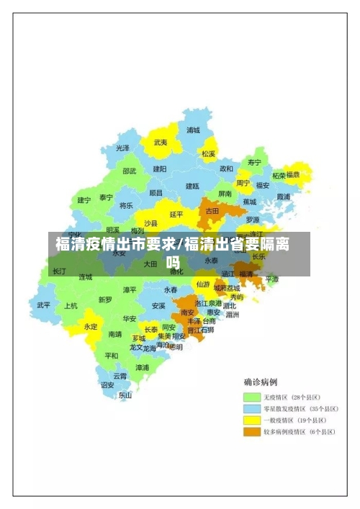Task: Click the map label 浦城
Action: click(194, 130)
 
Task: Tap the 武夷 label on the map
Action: click(160, 143)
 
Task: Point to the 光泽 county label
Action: click(123, 148)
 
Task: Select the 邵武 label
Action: click(129, 171)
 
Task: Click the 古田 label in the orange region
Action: click(212, 212)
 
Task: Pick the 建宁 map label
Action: click(84, 200)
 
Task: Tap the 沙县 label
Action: click(151, 223)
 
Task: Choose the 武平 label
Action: click(44, 305)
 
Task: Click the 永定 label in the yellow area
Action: click(91, 326)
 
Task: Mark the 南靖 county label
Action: click(114, 334)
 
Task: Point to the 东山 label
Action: click(125, 395)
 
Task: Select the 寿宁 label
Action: click(254, 162)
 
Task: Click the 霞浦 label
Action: click(283, 197)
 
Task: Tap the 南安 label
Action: click(188, 312)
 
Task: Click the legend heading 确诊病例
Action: click(260, 382)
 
